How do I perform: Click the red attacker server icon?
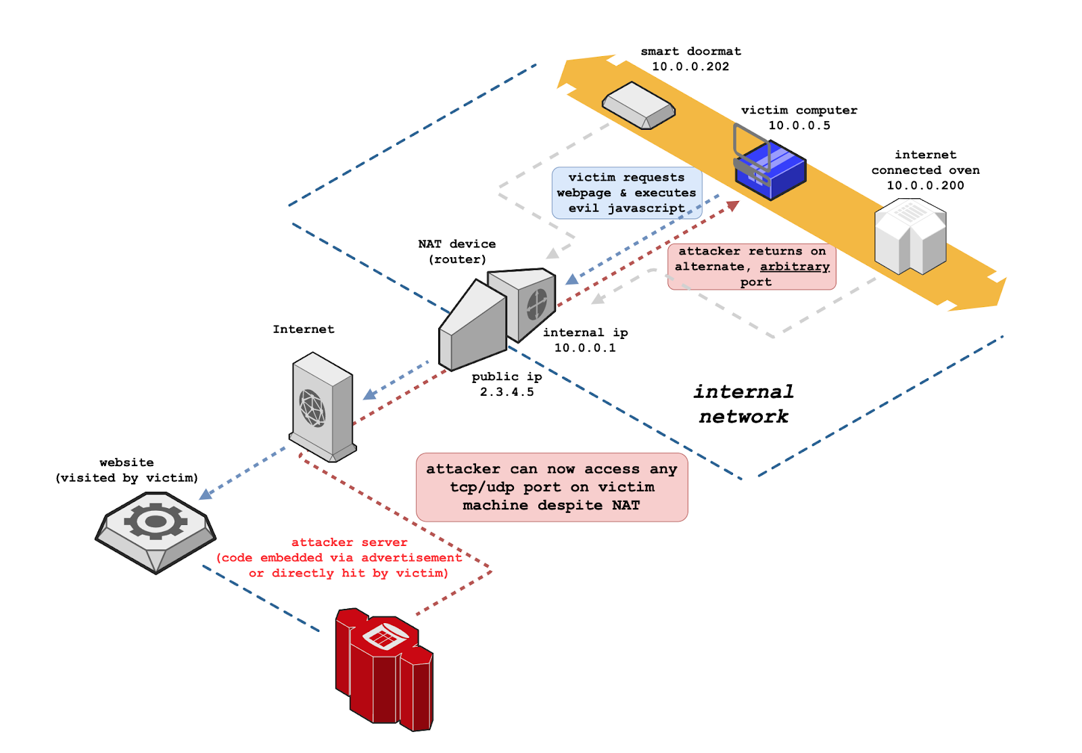(x=384, y=670)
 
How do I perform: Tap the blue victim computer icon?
(x=770, y=168)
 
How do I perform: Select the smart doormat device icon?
(x=638, y=106)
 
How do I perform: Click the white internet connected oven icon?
(x=910, y=236)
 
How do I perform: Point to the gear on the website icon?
(x=156, y=521)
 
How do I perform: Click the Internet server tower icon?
(x=322, y=407)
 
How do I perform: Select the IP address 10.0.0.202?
(x=690, y=66)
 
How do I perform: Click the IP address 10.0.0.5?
(x=799, y=125)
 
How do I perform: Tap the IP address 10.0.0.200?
(x=925, y=185)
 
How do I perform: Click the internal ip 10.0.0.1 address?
(x=585, y=348)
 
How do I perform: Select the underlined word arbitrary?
(x=795, y=267)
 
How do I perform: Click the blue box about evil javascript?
(x=626, y=193)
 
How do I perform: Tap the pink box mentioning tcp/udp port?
(x=552, y=487)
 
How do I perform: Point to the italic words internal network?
(x=743, y=404)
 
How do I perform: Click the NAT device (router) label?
(x=457, y=252)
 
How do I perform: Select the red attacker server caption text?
(x=339, y=557)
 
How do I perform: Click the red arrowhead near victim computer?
(x=733, y=205)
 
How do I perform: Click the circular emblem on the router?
(x=537, y=304)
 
